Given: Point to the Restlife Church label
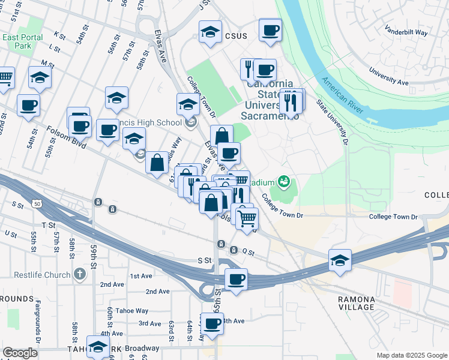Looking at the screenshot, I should tap(36, 275).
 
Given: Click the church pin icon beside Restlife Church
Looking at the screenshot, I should tap(80, 275).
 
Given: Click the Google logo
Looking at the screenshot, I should tap(20, 353).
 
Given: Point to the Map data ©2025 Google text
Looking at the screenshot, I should tap(411, 355).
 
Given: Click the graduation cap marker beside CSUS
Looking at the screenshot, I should tap(210, 32).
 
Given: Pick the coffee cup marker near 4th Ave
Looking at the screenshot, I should tap(212, 325).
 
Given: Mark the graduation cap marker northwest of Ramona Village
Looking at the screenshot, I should tap(340, 260).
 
